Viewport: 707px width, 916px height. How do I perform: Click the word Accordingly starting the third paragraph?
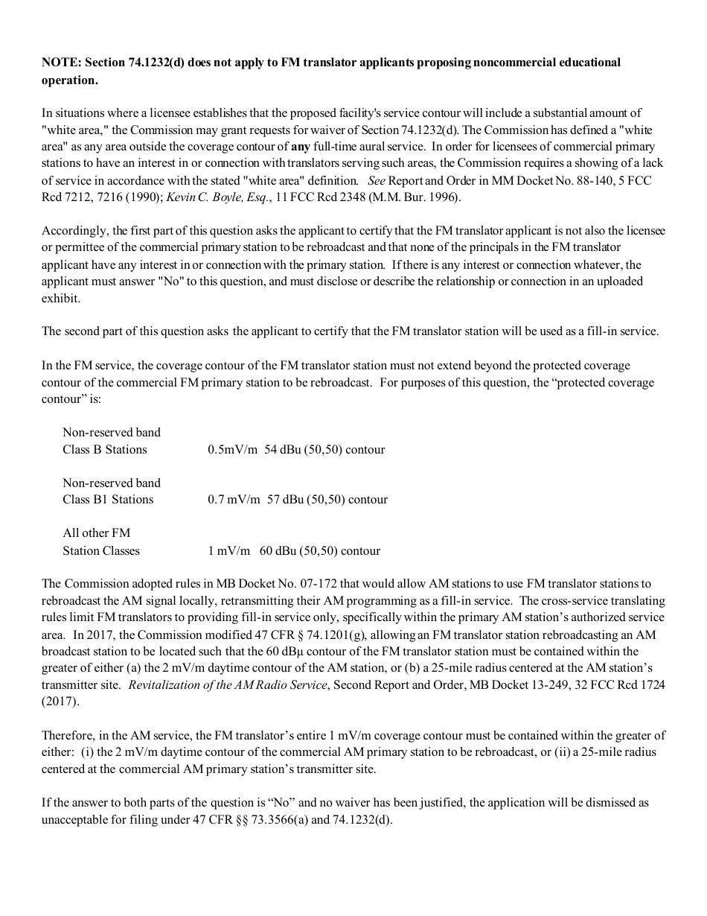pyautogui.click(x=75, y=231)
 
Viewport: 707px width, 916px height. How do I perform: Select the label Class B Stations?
pyautogui.click(x=105, y=450)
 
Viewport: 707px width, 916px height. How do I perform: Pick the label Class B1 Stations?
pyautogui.click(x=108, y=500)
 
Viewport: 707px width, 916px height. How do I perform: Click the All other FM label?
pyautogui.click(x=96, y=533)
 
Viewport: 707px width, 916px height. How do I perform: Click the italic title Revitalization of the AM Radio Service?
pyautogui.click(x=228, y=685)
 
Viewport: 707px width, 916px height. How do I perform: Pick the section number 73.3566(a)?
pyautogui.click(x=287, y=820)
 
